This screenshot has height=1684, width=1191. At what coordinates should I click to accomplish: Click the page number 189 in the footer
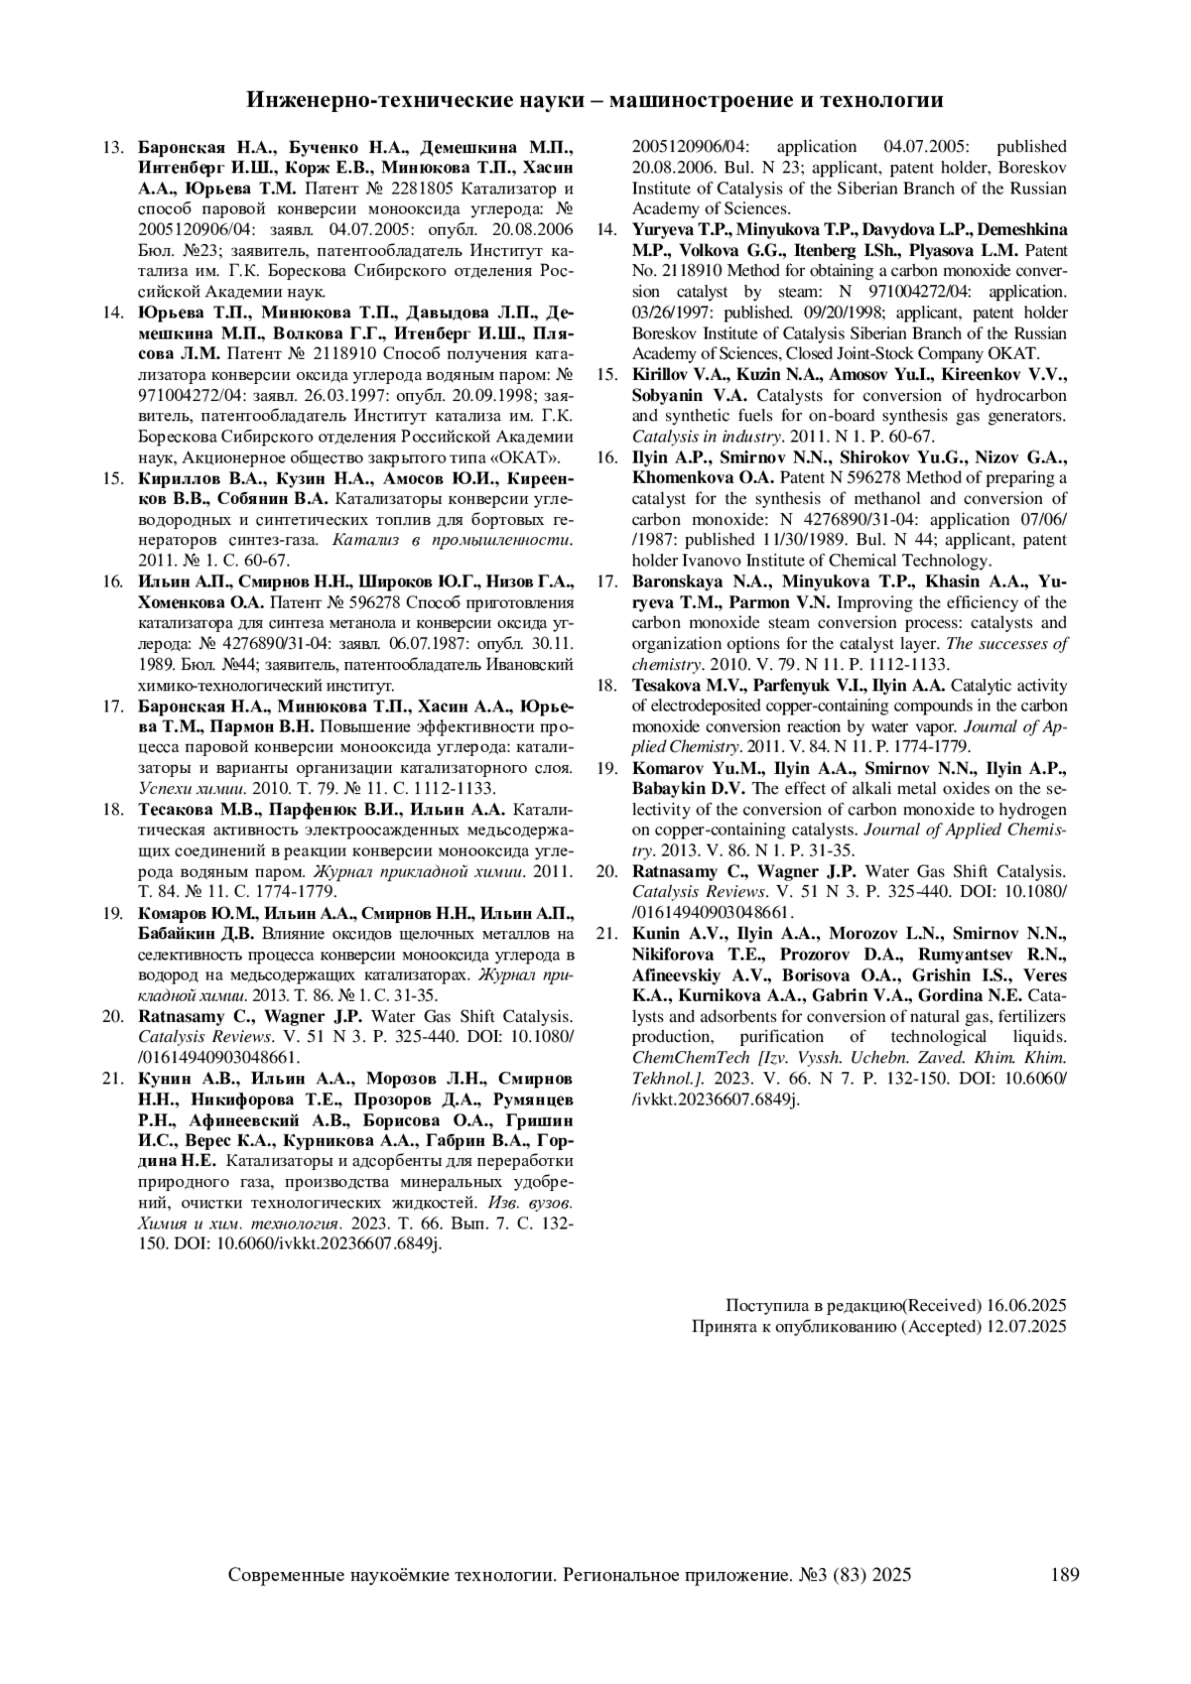pos(1063,1574)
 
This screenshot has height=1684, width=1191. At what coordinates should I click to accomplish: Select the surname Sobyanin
pos(667,395)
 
